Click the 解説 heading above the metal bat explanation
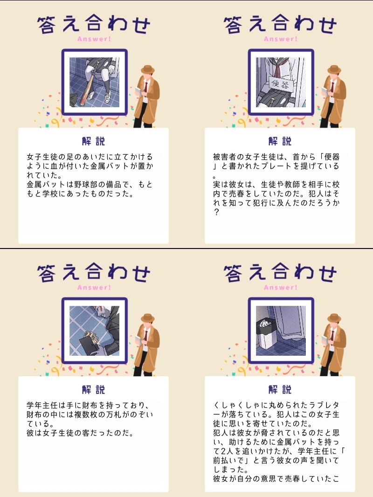click(x=94, y=141)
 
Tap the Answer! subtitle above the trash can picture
click(x=281, y=288)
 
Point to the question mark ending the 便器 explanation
click(x=216, y=212)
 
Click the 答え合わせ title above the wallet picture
click(x=94, y=273)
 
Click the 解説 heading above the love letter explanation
click(x=280, y=390)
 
